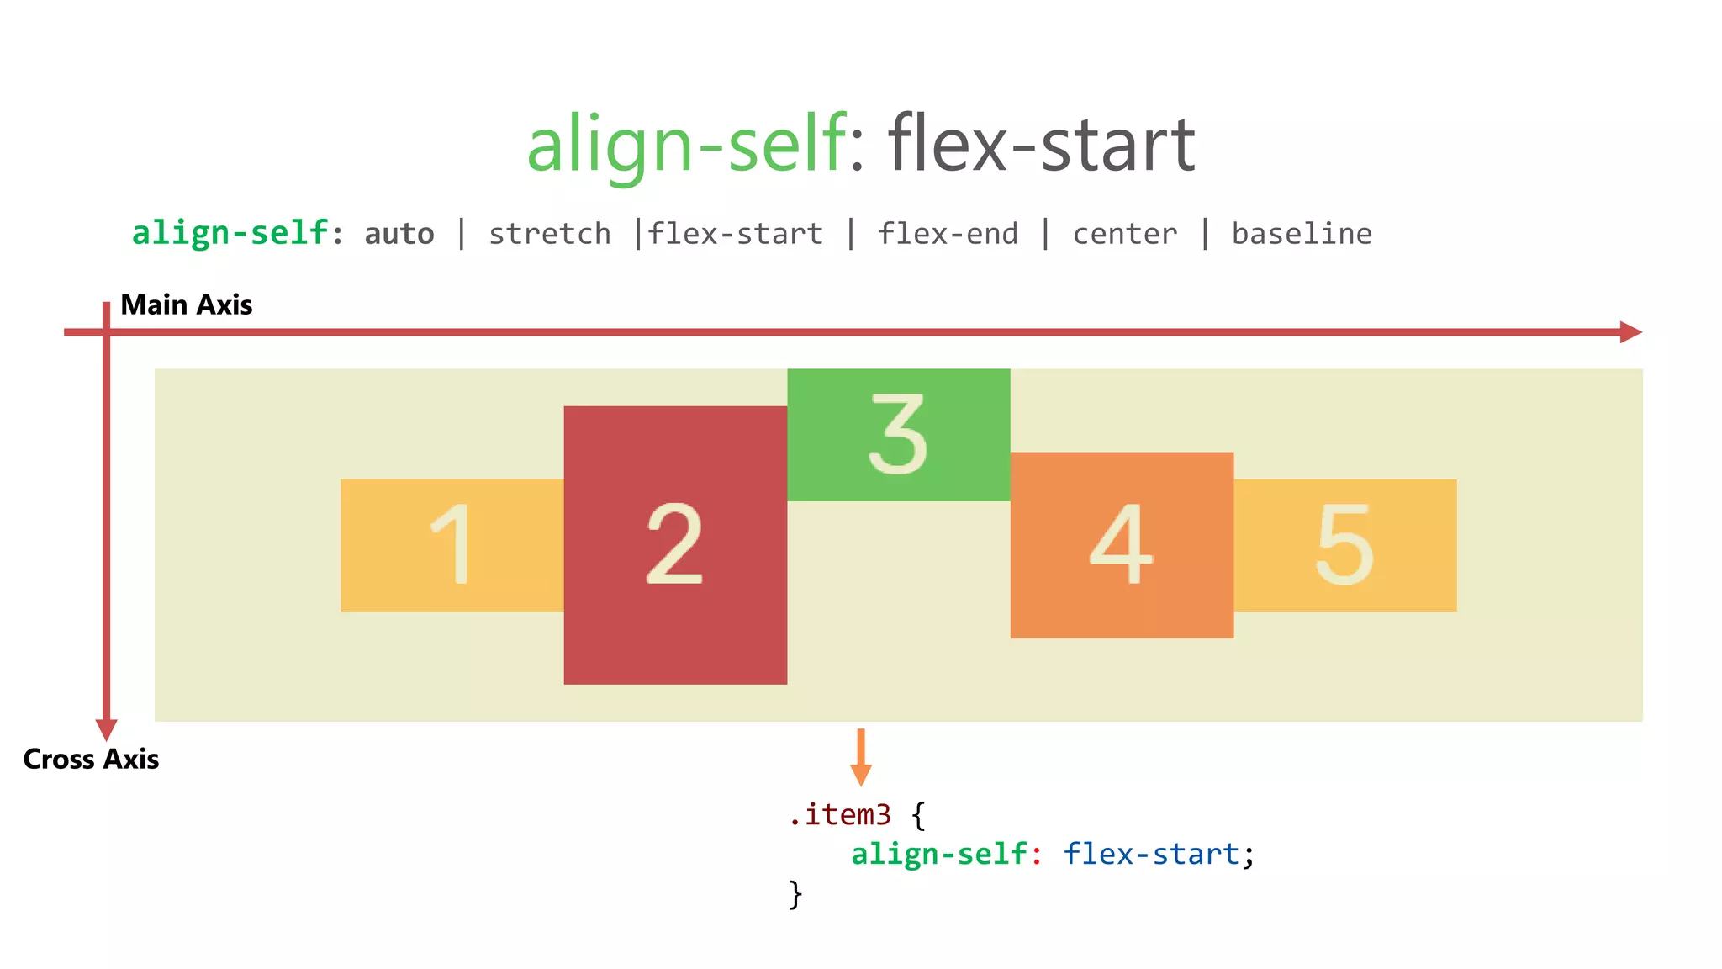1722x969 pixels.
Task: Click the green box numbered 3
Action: pos(898,435)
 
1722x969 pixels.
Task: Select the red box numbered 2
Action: pos(675,544)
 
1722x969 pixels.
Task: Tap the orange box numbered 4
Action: pos(1122,544)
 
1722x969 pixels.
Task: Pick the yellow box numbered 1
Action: pos(452,544)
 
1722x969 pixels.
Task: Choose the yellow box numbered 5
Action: pos(1344,544)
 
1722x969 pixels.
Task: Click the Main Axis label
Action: pos(186,304)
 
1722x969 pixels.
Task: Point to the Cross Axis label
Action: pos(91,759)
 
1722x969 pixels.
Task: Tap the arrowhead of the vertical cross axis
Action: pos(106,728)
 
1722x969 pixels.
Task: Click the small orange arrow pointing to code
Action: pos(860,759)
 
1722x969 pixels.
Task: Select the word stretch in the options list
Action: pos(550,234)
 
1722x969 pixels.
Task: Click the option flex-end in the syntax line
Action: pos(948,234)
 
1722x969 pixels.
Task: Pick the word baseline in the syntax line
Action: pos(1301,234)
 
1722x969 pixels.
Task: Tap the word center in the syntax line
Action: pos(1124,234)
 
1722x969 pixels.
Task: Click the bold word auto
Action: pos(399,234)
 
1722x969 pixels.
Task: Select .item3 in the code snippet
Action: pos(839,814)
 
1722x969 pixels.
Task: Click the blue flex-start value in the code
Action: pos(1150,854)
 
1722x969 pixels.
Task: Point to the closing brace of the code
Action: pos(795,893)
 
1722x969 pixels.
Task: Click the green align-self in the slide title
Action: pos(686,145)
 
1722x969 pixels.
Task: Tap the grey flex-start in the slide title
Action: pos(1041,145)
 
